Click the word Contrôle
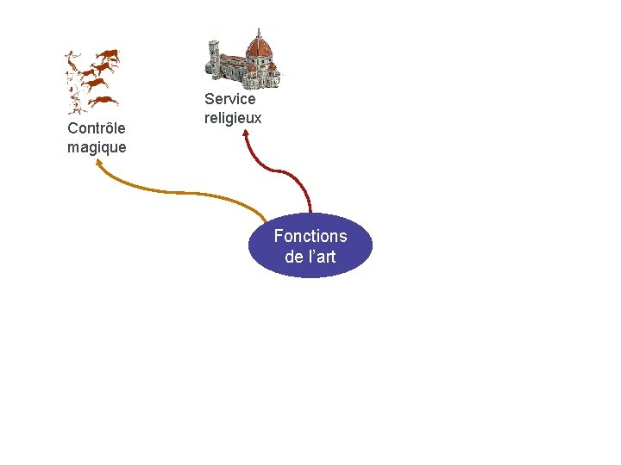(97, 128)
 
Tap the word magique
(97, 147)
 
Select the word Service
(230, 99)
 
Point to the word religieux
(233, 117)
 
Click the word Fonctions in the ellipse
(310, 236)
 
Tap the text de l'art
(310, 257)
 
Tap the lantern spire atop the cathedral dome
(258, 32)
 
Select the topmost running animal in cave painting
(108, 56)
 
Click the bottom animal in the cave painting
(104, 101)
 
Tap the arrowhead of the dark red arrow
(246, 133)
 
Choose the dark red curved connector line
(285, 172)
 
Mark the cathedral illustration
(242, 59)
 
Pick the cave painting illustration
(92, 82)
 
